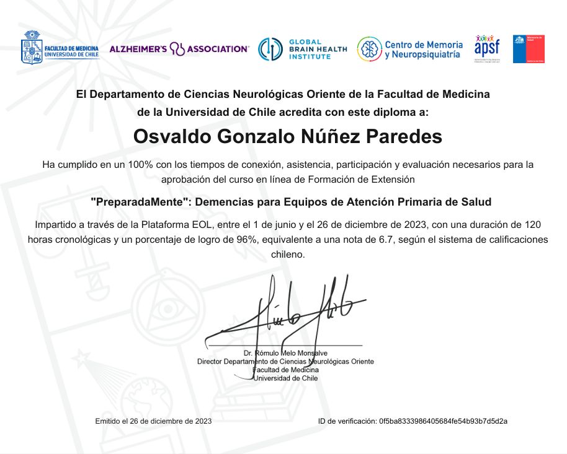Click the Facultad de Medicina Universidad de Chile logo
[60, 48]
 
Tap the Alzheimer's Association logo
[179, 49]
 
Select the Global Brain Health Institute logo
[302, 50]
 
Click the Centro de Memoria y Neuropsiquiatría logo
[409, 50]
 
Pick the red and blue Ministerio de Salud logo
[528, 49]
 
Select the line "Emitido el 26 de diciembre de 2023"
[153, 421]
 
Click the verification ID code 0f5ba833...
[442, 421]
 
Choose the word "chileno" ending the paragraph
[287, 255]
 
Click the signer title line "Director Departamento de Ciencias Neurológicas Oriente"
[285, 361]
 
